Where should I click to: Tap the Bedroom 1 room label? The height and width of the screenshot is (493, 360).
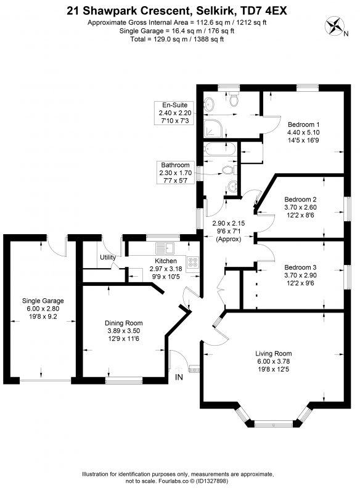click(x=303, y=124)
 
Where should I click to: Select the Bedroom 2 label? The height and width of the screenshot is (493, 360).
click(x=300, y=199)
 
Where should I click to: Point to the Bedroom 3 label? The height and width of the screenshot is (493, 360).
click(x=300, y=267)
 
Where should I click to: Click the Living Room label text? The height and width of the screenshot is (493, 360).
click(x=273, y=353)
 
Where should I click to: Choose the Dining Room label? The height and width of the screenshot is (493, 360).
click(x=123, y=323)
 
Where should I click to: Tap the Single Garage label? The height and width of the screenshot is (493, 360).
click(x=43, y=301)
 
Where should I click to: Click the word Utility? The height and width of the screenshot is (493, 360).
click(x=108, y=257)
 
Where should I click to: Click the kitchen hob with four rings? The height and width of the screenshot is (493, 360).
click(x=192, y=263)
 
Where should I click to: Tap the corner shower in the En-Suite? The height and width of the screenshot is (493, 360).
click(x=215, y=128)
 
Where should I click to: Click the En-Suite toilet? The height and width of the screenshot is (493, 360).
click(x=234, y=99)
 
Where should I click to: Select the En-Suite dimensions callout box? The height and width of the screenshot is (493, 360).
click(x=174, y=113)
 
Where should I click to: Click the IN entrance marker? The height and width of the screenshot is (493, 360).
click(x=179, y=377)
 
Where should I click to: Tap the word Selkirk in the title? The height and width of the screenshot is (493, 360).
click(x=216, y=11)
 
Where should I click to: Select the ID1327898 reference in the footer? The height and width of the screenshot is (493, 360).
click(x=213, y=481)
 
